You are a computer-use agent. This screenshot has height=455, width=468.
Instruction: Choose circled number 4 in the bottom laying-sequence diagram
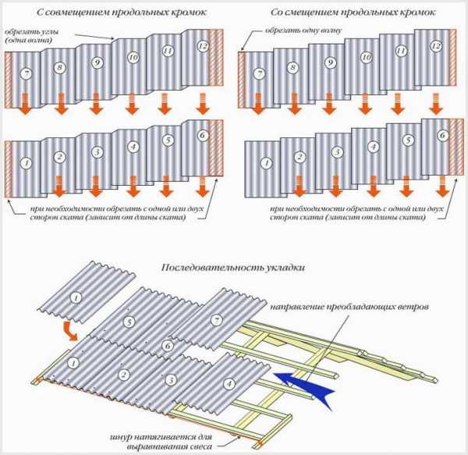(228, 382)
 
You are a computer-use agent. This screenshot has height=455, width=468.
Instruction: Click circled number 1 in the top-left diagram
(27, 164)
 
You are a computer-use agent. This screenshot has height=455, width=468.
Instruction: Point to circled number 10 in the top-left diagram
(133, 57)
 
